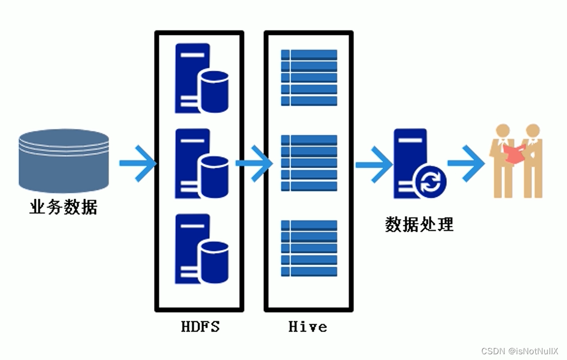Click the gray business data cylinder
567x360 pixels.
63,161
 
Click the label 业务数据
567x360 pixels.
63,206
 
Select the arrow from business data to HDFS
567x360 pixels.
137,163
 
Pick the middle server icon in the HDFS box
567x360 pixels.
201,164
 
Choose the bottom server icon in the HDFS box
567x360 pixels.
201,249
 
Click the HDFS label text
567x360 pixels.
200,327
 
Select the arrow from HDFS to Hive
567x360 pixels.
254,163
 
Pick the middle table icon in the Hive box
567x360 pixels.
309,163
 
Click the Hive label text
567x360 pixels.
308,327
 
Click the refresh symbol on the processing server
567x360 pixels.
430,183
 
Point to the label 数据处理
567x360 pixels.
419,224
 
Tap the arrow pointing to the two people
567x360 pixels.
466,163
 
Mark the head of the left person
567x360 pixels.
503,130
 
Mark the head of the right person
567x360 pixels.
532,130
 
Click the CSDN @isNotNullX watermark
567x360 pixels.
520,351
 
